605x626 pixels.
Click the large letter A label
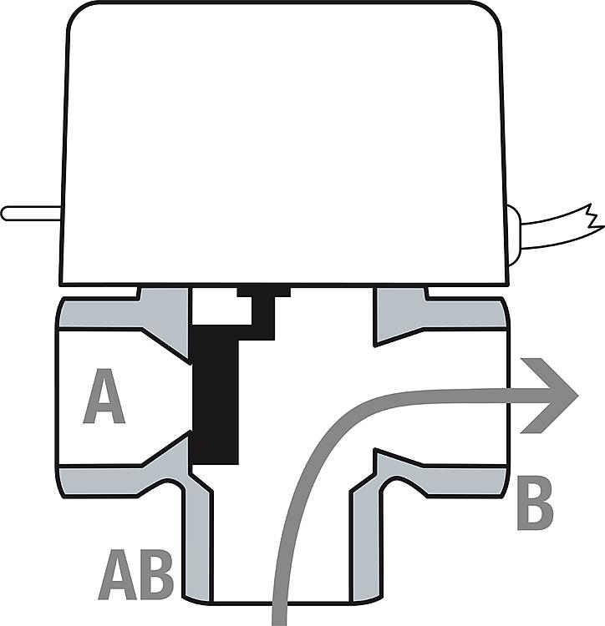point(104,399)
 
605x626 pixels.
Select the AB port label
point(135,574)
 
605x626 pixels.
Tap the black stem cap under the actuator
point(263,292)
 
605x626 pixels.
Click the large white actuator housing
point(284,142)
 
